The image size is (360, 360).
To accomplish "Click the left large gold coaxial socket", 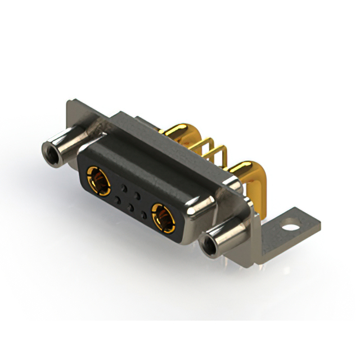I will tap(98, 180).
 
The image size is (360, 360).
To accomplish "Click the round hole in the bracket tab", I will tap(291, 229).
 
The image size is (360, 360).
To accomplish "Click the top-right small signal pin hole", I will tap(137, 193).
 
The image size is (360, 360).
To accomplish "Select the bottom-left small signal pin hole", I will tap(117, 199).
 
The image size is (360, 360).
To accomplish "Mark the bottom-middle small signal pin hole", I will tap(130, 207).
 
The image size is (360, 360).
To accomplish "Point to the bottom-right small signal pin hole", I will tap(144, 215).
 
